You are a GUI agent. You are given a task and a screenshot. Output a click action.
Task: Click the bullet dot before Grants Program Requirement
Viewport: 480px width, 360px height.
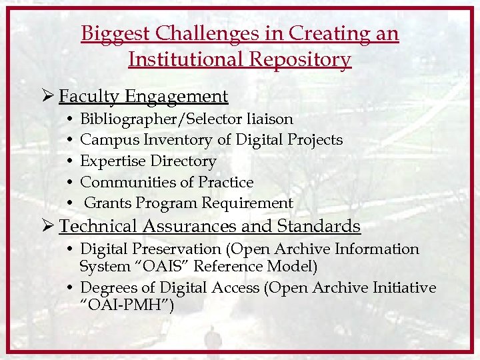70,203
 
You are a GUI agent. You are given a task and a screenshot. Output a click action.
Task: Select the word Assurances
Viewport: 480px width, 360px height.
189,227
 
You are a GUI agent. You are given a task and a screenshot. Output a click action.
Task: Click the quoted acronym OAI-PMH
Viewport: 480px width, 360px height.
126,305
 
